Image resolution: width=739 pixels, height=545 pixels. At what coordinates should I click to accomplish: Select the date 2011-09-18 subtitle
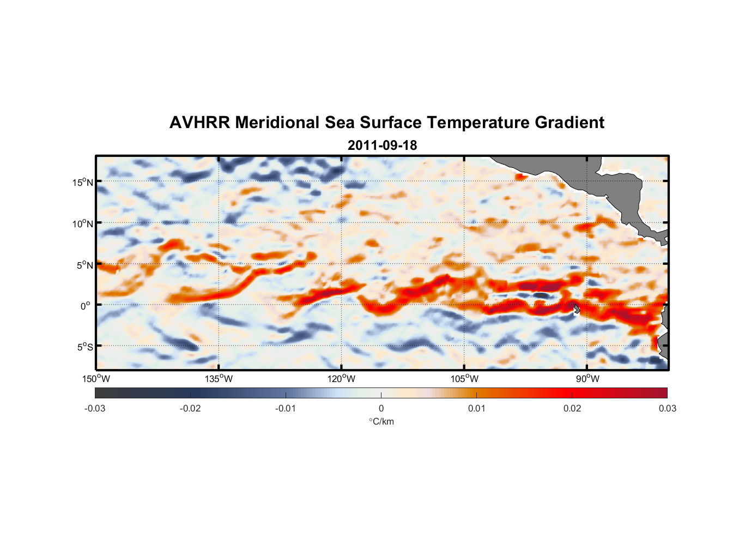(x=382, y=146)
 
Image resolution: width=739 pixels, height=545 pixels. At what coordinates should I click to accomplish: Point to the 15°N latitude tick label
(x=83, y=182)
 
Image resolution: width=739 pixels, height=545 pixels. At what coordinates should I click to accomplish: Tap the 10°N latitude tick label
(x=83, y=223)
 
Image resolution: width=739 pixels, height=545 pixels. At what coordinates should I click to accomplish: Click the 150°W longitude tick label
(x=96, y=379)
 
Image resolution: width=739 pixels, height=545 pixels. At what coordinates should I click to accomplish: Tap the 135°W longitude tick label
(x=219, y=379)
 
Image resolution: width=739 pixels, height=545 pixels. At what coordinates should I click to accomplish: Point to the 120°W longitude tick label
(x=342, y=379)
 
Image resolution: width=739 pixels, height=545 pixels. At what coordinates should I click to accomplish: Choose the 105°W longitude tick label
(x=464, y=379)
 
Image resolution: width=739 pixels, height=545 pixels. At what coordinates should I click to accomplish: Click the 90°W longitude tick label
(x=587, y=379)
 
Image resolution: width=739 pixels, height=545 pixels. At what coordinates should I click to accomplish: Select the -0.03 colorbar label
(x=95, y=408)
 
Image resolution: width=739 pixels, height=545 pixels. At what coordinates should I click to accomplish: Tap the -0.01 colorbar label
(x=286, y=408)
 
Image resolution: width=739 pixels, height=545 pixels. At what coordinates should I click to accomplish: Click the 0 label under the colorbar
(x=381, y=408)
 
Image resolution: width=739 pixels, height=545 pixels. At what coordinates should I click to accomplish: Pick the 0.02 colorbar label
(x=572, y=408)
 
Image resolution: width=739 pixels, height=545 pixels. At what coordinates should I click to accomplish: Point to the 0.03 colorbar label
(x=667, y=408)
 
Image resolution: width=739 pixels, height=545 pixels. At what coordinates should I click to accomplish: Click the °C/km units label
(x=381, y=421)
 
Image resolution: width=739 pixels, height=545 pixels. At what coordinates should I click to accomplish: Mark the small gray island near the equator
(x=577, y=308)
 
